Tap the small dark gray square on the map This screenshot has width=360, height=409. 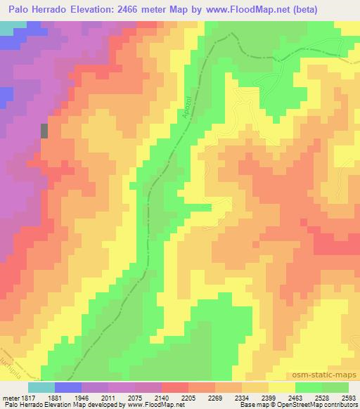point(45,130)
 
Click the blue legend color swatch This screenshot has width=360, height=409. point(68,388)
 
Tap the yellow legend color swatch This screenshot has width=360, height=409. point(282,388)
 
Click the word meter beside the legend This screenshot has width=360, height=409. point(9,398)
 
